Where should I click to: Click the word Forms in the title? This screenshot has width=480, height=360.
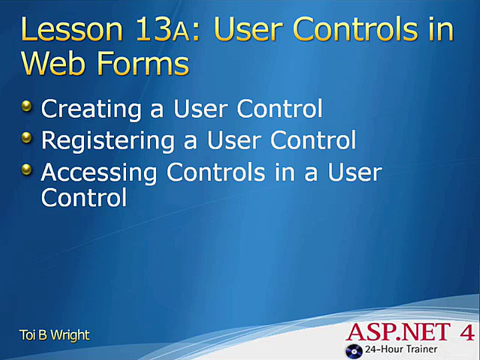click(x=143, y=65)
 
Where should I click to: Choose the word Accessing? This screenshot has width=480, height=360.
click(x=99, y=173)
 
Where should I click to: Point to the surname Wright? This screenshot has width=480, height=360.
click(x=70, y=334)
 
